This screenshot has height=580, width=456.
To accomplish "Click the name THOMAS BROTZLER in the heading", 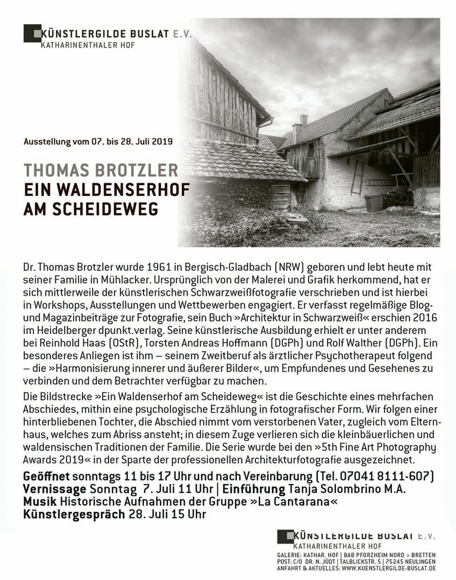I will click(x=101, y=171).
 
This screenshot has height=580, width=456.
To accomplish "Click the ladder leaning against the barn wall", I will click(x=357, y=177).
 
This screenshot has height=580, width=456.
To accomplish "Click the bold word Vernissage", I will click(x=55, y=489).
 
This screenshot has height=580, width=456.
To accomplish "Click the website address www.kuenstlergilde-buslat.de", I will click(x=388, y=568).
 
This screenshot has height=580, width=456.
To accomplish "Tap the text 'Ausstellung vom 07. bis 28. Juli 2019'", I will click(x=98, y=142).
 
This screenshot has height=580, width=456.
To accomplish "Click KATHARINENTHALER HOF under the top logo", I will click(x=88, y=45).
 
